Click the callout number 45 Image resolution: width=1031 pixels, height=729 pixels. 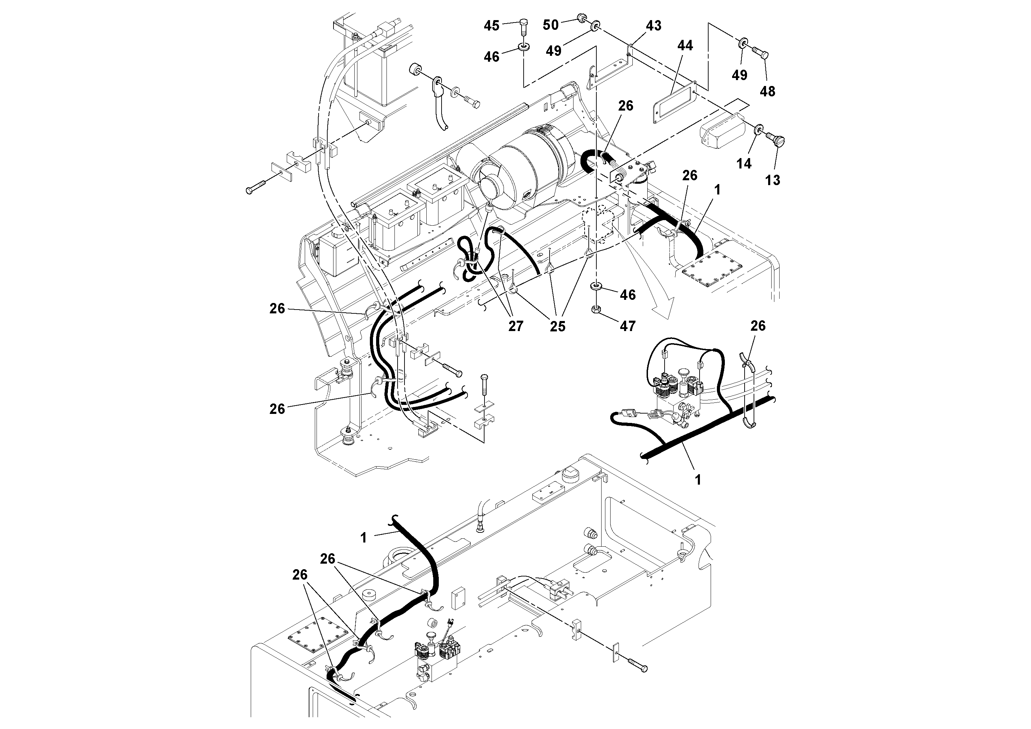(x=491, y=26)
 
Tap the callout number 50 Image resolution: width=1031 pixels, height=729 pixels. (x=551, y=25)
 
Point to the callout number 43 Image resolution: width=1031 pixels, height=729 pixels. (x=654, y=26)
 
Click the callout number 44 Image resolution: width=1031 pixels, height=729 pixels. (x=685, y=45)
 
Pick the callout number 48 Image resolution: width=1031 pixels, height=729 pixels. (x=767, y=91)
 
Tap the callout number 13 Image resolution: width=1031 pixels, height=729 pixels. (x=772, y=180)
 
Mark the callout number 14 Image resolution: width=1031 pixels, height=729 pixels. (x=744, y=164)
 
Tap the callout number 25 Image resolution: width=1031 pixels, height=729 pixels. (x=557, y=326)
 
